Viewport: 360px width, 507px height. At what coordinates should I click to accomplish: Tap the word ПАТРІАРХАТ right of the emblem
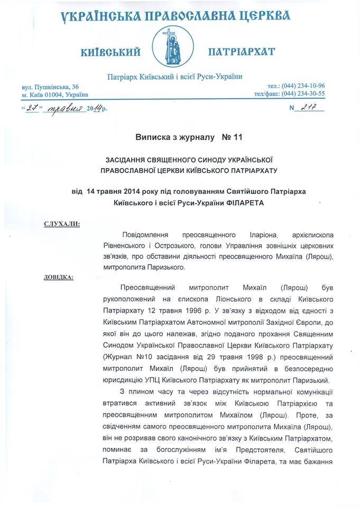pos(242,52)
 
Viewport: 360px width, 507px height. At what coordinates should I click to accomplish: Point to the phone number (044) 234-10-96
pos(304,86)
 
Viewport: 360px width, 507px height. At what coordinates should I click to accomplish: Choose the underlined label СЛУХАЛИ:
pos(62,225)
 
